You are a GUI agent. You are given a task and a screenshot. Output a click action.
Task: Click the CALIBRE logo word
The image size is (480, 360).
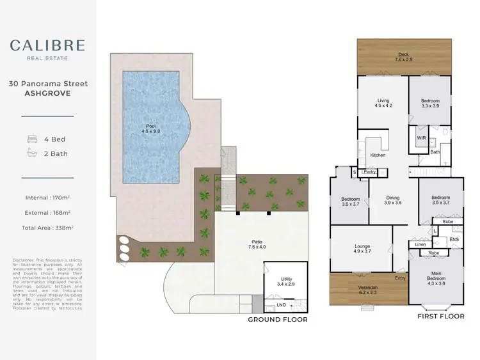point(47,45)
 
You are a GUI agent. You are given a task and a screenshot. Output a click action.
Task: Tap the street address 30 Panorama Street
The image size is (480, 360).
point(47,84)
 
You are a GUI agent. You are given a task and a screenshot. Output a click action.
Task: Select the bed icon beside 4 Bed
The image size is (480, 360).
point(31,139)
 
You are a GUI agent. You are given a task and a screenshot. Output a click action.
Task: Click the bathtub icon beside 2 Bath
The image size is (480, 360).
point(31,153)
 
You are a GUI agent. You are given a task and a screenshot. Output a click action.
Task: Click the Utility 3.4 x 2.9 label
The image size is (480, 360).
point(285,282)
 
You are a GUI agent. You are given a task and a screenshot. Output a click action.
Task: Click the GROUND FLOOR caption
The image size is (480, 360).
point(278,319)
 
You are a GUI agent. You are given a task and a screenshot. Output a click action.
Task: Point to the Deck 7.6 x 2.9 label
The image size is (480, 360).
point(403,58)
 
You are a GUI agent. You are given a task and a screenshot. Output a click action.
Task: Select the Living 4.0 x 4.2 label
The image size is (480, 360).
point(383,104)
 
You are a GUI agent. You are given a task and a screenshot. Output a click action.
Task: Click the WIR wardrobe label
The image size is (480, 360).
point(421,137)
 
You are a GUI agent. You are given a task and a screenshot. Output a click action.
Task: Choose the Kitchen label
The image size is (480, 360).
point(378,155)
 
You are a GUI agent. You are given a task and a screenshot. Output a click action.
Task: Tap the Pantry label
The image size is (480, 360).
point(369,171)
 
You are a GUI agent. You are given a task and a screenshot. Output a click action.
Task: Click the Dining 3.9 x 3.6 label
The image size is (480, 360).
point(392,200)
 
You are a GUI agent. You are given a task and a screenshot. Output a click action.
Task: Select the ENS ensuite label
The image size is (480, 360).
point(454,240)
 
